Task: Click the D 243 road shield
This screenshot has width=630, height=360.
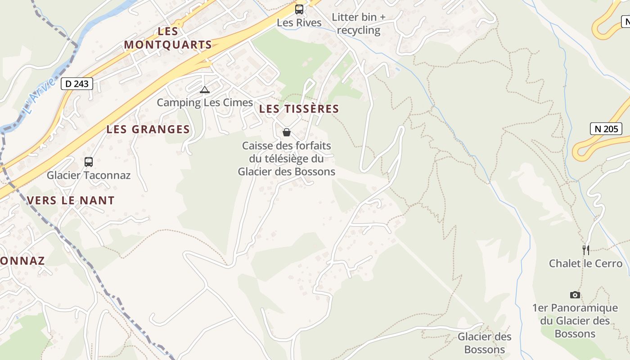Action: [x=77, y=83]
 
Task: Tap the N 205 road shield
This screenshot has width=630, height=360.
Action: [x=606, y=129]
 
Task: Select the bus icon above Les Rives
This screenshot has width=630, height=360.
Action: [x=299, y=9]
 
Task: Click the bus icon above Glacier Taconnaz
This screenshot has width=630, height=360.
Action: [x=89, y=162]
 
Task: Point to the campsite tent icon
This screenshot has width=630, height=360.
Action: [x=205, y=90]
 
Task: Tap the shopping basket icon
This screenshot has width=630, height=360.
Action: [x=287, y=132]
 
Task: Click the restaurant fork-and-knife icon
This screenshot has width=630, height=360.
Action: [x=585, y=250]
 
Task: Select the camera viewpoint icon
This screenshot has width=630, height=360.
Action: [x=575, y=295]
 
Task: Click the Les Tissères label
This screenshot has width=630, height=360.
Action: [x=299, y=109]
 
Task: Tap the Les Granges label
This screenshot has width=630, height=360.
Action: [x=148, y=130]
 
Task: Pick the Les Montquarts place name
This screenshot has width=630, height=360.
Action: [x=168, y=38]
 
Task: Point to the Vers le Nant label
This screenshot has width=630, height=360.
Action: [x=71, y=201]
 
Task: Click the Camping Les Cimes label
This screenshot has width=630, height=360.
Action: [x=205, y=103]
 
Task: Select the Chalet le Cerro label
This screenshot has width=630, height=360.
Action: [x=585, y=264]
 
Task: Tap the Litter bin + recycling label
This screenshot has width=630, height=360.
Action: [x=359, y=24]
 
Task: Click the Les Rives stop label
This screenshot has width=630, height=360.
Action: [x=299, y=22]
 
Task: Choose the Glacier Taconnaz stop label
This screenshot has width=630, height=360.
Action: [x=89, y=175]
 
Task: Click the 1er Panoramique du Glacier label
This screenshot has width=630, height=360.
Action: [x=575, y=321]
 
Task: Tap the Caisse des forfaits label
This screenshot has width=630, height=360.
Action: [x=287, y=158]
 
